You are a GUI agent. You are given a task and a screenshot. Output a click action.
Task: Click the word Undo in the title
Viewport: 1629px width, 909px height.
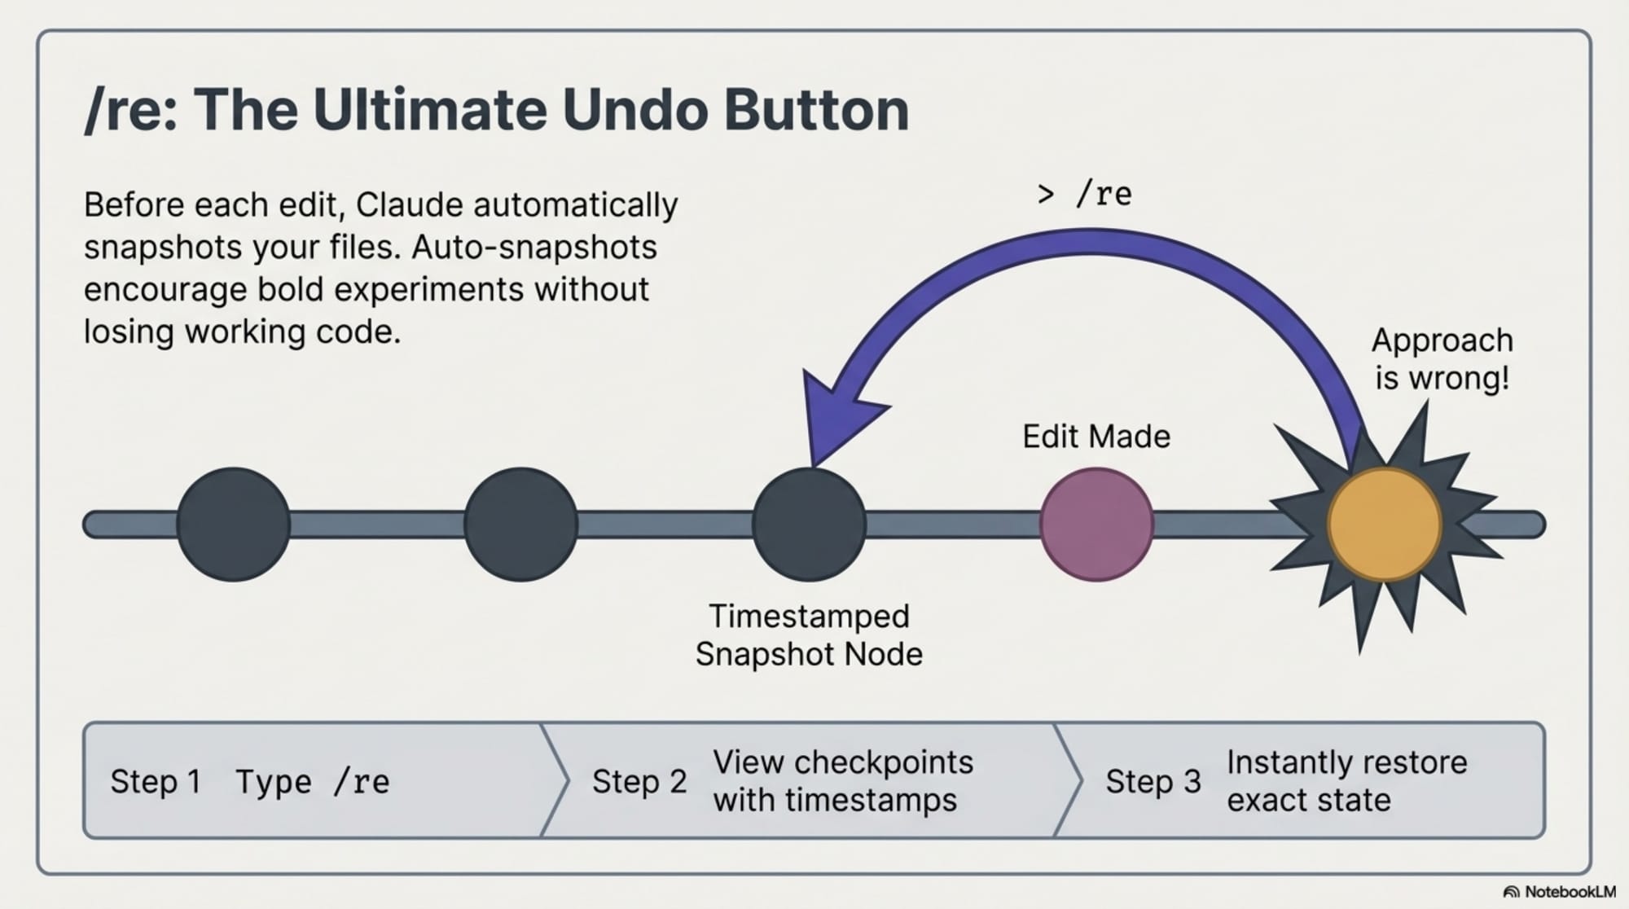coord(634,109)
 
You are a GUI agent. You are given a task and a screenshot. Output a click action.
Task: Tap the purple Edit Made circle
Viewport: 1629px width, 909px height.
coord(1096,524)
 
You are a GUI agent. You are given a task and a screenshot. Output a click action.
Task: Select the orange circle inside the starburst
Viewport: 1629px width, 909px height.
coord(1384,524)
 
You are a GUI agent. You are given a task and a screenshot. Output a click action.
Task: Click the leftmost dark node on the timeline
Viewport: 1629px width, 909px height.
coord(234,524)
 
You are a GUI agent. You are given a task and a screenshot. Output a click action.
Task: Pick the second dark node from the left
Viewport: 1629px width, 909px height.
coord(520,524)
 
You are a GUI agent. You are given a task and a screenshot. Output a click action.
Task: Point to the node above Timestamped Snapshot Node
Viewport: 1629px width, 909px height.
coord(809,524)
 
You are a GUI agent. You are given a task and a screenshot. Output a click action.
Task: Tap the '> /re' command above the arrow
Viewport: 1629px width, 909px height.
coord(1084,194)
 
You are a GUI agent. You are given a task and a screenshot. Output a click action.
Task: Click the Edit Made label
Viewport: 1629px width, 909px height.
coord(1096,437)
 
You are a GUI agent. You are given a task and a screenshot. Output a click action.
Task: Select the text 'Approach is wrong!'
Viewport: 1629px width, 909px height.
coord(1442,359)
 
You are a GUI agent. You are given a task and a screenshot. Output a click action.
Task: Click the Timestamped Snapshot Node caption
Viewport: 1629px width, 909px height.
coord(809,635)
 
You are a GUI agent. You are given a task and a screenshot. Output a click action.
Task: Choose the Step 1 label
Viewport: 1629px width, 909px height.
coord(156,782)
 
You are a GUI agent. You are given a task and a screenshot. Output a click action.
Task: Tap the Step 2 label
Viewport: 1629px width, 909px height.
coord(639,782)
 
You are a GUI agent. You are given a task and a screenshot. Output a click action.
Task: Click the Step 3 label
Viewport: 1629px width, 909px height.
coord(1153,782)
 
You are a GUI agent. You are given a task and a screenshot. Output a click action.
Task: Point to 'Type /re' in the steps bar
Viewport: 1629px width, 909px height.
coord(313,782)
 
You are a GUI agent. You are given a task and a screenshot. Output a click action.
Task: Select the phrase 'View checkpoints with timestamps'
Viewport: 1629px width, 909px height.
coord(842,781)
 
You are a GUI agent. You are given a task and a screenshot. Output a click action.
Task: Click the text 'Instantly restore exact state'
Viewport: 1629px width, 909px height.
coord(1346,781)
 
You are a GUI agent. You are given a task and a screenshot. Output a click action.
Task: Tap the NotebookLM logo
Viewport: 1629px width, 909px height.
coord(1559,892)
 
